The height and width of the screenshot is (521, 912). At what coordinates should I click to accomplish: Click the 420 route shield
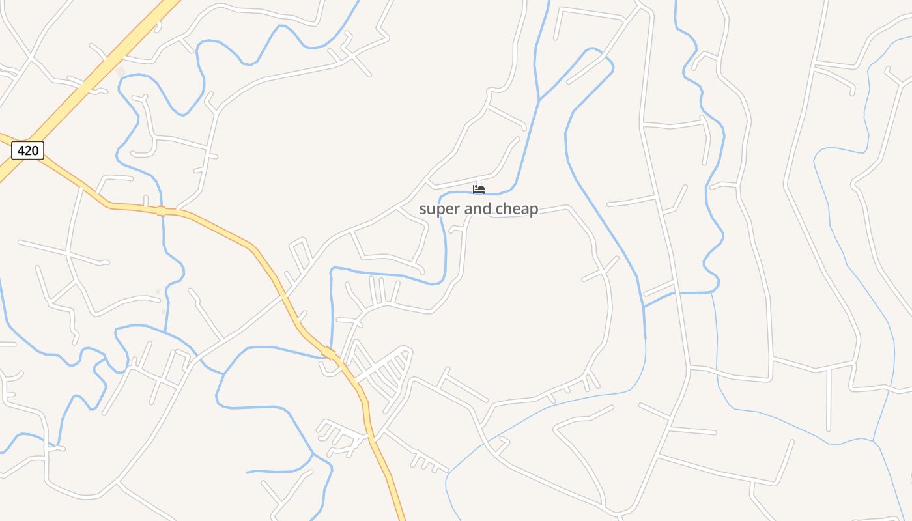click(27, 150)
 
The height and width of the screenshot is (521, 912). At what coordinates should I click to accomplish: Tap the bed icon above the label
click(479, 190)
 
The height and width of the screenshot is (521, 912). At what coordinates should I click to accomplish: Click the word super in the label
click(439, 209)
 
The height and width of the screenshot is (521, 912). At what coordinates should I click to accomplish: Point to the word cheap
click(517, 209)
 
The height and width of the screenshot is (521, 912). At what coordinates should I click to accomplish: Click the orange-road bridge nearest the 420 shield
click(161, 210)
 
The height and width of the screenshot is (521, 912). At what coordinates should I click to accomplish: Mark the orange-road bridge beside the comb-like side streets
click(328, 353)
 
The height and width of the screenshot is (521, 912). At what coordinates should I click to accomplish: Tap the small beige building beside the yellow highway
click(120, 71)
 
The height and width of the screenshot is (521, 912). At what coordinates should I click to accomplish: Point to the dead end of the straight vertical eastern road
click(829, 429)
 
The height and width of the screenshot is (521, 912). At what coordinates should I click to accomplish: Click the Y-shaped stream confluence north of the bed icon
click(539, 100)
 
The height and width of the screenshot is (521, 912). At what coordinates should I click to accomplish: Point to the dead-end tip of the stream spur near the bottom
click(248, 472)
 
